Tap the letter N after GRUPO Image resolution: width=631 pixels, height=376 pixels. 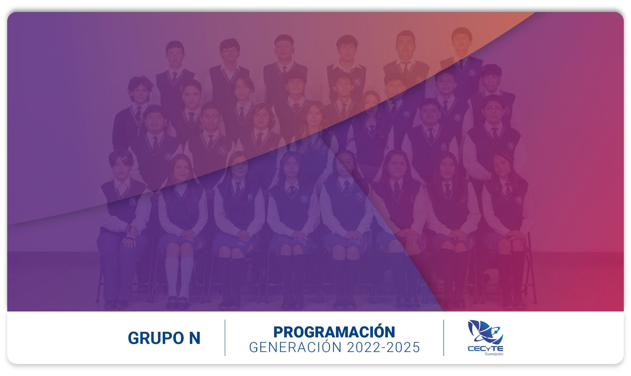tap(195, 338)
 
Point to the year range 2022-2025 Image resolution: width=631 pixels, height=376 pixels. tap(383, 347)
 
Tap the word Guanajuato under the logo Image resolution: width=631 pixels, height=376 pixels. tap(494, 354)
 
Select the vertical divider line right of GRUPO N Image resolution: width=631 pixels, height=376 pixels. tap(225, 338)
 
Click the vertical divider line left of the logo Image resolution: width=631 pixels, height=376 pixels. tap(443, 338)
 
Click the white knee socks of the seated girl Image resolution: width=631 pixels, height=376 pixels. tap(179, 277)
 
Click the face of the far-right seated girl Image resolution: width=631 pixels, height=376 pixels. tap(502, 166)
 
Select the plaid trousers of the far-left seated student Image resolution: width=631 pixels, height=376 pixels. tap(118, 267)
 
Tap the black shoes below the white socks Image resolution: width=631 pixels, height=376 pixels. tap(177, 303)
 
